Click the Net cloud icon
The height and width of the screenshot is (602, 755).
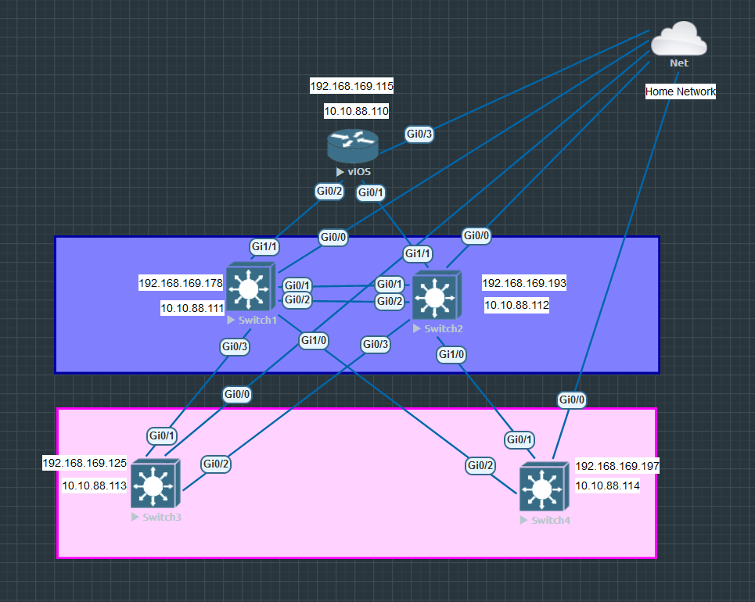[678, 39]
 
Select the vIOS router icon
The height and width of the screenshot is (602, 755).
[352, 147]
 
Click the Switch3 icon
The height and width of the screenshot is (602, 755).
[155, 486]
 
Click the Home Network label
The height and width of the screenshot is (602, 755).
[680, 91]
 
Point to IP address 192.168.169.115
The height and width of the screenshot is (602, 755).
[351, 86]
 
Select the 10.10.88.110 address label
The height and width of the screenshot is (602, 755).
[356, 112]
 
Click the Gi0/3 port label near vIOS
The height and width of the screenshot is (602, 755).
[419, 134]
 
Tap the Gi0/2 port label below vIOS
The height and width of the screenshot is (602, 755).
[329, 191]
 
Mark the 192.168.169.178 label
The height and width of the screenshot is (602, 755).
[181, 283]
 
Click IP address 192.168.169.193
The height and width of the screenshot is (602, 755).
[523, 283]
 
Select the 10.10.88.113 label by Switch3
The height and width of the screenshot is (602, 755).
[94, 486]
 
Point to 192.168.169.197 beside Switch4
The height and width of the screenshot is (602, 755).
[617, 467]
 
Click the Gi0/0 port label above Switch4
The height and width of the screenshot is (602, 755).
[571, 400]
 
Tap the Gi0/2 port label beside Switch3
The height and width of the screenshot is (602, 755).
[216, 464]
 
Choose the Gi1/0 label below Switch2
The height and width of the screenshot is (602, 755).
[451, 354]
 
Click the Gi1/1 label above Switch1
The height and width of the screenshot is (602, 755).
[264, 247]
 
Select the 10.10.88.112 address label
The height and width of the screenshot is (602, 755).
[516, 306]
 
